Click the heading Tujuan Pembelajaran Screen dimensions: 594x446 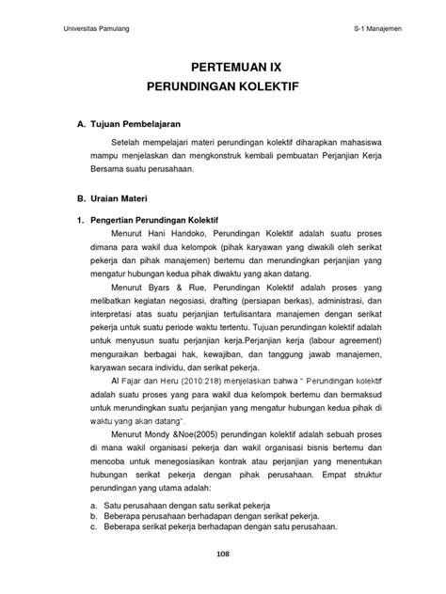pyautogui.click(x=124, y=124)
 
